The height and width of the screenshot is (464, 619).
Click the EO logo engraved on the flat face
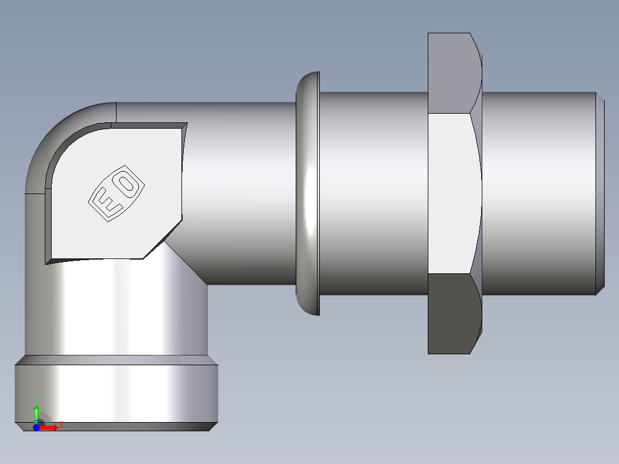pyautogui.click(x=116, y=195)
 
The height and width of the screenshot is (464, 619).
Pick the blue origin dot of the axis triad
pyautogui.click(x=36, y=427)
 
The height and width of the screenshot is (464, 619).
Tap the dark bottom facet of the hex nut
pyautogui.click(x=451, y=313)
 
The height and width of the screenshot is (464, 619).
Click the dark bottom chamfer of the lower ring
pyautogui.click(x=115, y=427)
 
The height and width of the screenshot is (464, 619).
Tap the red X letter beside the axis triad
pyautogui.click(x=61, y=425)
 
